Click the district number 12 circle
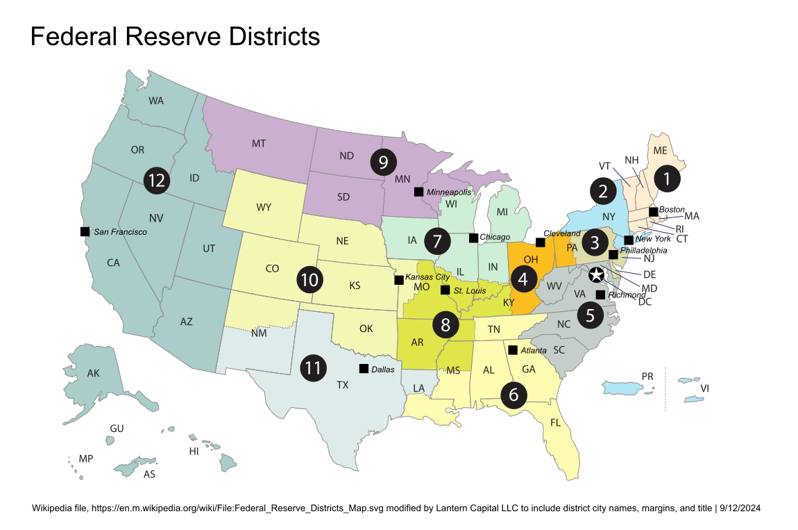[x=157, y=181]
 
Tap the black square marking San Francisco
[x=85, y=231]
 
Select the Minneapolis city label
[x=448, y=192]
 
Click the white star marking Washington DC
[x=596, y=275]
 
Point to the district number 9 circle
[x=383, y=162]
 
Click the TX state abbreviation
[x=343, y=384]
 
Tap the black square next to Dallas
[x=364, y=369]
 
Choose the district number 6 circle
[x=513, y=395]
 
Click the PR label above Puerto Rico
[x=647, y=376]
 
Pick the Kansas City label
[x=427, y=277]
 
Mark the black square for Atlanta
[x=513, y=349]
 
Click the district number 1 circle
[x=666, y=179]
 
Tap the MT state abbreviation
[x=259, y=144]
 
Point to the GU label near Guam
[x=117, y=429]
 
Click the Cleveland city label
[x=561, y=233]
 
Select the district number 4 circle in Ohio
[x=523, y=279]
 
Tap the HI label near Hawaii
[x=194, y=451]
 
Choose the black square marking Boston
[x=653, y=211]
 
